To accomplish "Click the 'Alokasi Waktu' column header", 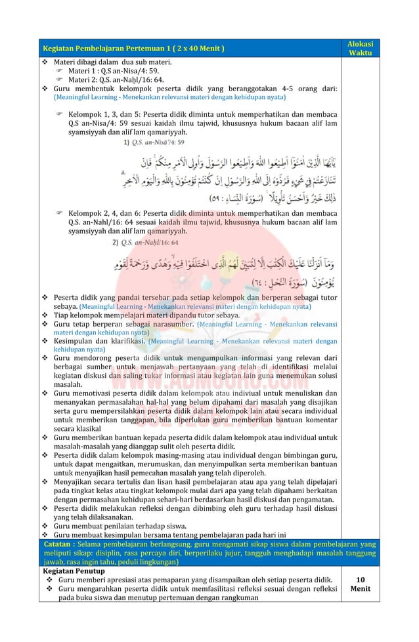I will pyautogui.click(x=360, y=48).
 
